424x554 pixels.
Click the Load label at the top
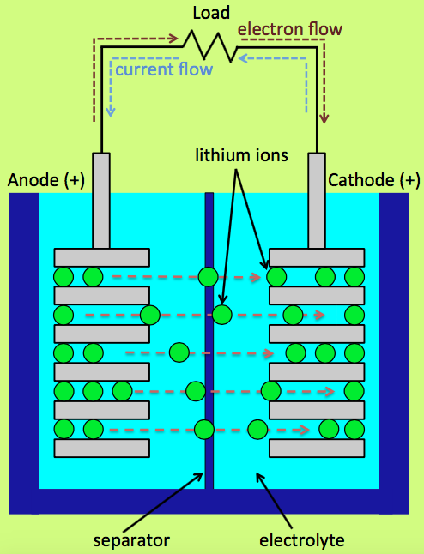[x=211, y=13]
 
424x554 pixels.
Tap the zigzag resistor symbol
[x=210, y=46]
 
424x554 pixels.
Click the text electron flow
[x=290, y=29]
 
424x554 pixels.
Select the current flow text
[x=164, y=69]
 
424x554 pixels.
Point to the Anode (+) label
[x=46, y=180]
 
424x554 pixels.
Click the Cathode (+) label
[x=373, y=180]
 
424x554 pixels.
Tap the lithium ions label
[x=241, y=155]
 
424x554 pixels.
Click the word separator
[x=131, y=540]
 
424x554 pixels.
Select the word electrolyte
[x=301, y=540]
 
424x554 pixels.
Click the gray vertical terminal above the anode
[x=101, y=201]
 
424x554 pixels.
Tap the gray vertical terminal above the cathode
[x=317, y=201]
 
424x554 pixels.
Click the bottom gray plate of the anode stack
[x=102, y=449]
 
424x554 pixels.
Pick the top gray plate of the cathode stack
[x=317, y=257]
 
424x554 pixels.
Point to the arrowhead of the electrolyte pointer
[x=260, y=478]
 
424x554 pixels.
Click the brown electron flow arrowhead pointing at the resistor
[x=173, y=38]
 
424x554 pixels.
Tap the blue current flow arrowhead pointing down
[x=111, y=112]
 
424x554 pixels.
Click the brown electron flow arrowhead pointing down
[x=324, y=118]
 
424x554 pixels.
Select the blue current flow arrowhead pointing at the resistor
[x=243, y=57]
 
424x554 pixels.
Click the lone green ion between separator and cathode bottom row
[x=257, y=430]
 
